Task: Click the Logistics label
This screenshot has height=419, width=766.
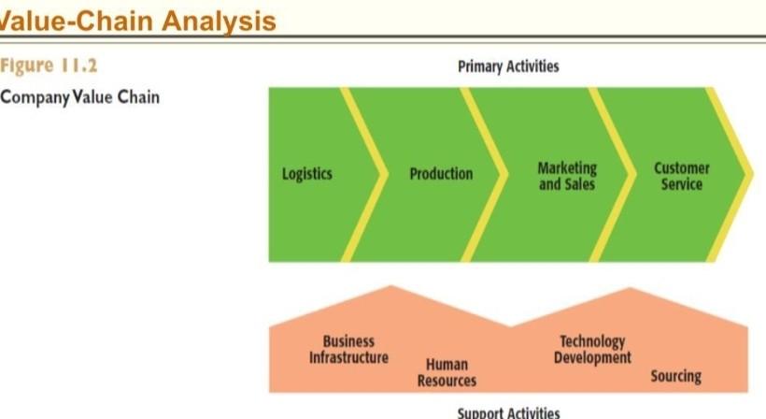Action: coord(306,174)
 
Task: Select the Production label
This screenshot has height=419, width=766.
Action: coord(441,174)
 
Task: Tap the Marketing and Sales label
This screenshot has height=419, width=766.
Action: coord(566,176)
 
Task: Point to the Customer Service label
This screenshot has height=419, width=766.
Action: coord(681,176)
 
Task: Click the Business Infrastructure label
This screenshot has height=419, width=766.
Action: coord(348,349)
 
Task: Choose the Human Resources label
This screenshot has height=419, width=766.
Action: coord(446,372)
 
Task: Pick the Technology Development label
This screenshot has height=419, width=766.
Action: coord(591,349)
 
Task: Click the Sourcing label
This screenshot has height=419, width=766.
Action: coord(675,376)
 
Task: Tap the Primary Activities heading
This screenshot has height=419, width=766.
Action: coord(508,65)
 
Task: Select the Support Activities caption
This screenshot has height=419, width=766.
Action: coord(508,412)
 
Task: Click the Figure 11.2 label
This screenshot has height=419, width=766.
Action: coord(48,66)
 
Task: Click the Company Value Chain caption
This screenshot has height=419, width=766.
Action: coord(79,97)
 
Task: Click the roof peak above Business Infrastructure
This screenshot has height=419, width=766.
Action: coord(391,288)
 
